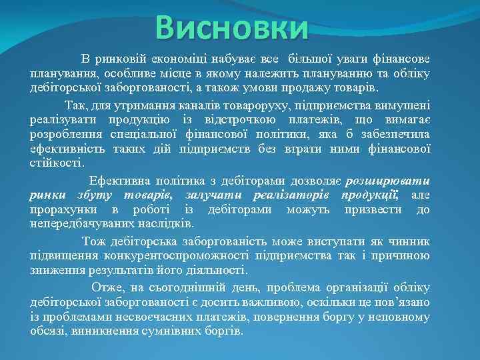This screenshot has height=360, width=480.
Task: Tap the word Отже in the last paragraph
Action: click(107, 287)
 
